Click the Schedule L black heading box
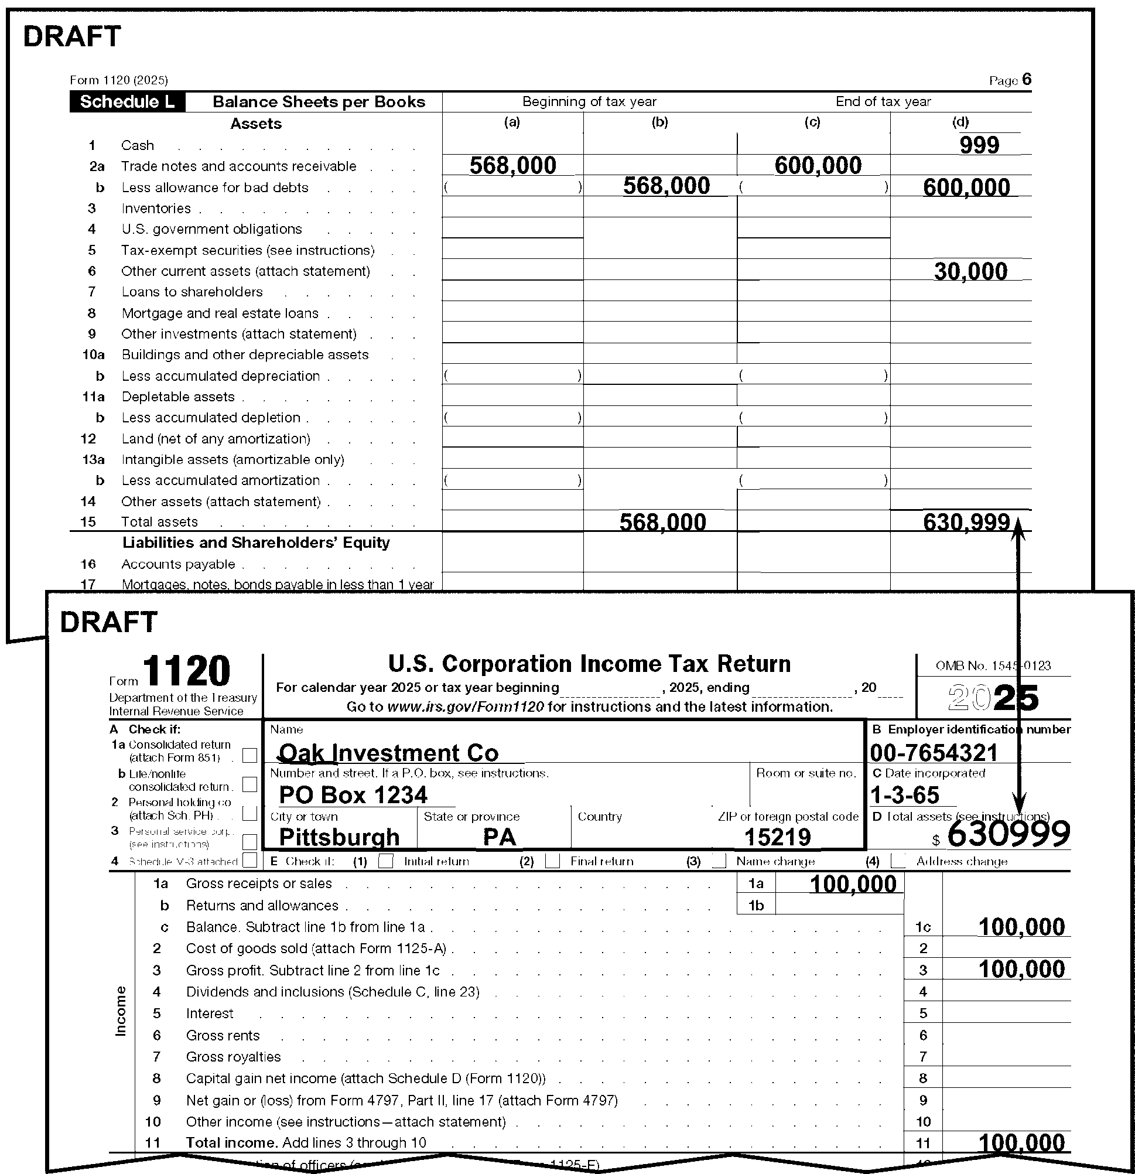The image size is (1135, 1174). pos(127,102)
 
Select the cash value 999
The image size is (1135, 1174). pos(979,145)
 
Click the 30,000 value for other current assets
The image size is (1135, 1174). pos(970,271)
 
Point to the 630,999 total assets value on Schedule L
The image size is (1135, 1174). pos(966,523)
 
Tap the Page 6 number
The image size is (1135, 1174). pos(1027,80)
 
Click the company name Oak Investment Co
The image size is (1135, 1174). pos(389,753)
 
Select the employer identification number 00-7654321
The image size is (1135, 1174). pos(934,753)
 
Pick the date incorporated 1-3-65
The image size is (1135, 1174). pos(904,796)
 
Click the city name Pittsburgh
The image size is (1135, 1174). pos(339,837)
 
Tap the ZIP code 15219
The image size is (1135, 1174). pos(777,837)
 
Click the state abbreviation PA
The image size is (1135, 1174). pos(499,837)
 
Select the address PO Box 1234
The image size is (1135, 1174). pos(353,795)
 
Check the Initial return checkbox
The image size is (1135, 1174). pos(387,861)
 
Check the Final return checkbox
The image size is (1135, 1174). pos(552,861)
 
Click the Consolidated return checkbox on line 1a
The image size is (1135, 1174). pos(249,755)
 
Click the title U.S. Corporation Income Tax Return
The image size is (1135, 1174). pos(589,664)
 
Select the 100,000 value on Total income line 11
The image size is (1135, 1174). pos(1021,1143)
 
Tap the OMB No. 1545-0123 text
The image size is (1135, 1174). pos(993,666)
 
